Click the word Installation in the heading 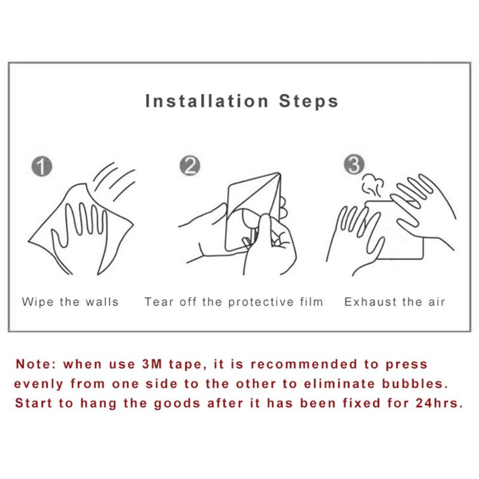[207, 101]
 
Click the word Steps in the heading [308, 102]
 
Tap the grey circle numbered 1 [42, 166]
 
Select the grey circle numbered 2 [190, 166]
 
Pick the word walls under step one [102, 302]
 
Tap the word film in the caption [311, 302]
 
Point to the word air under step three [436, 302]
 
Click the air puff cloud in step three [372, 185]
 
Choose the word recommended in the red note [304, 364]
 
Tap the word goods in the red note [177, 404]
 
